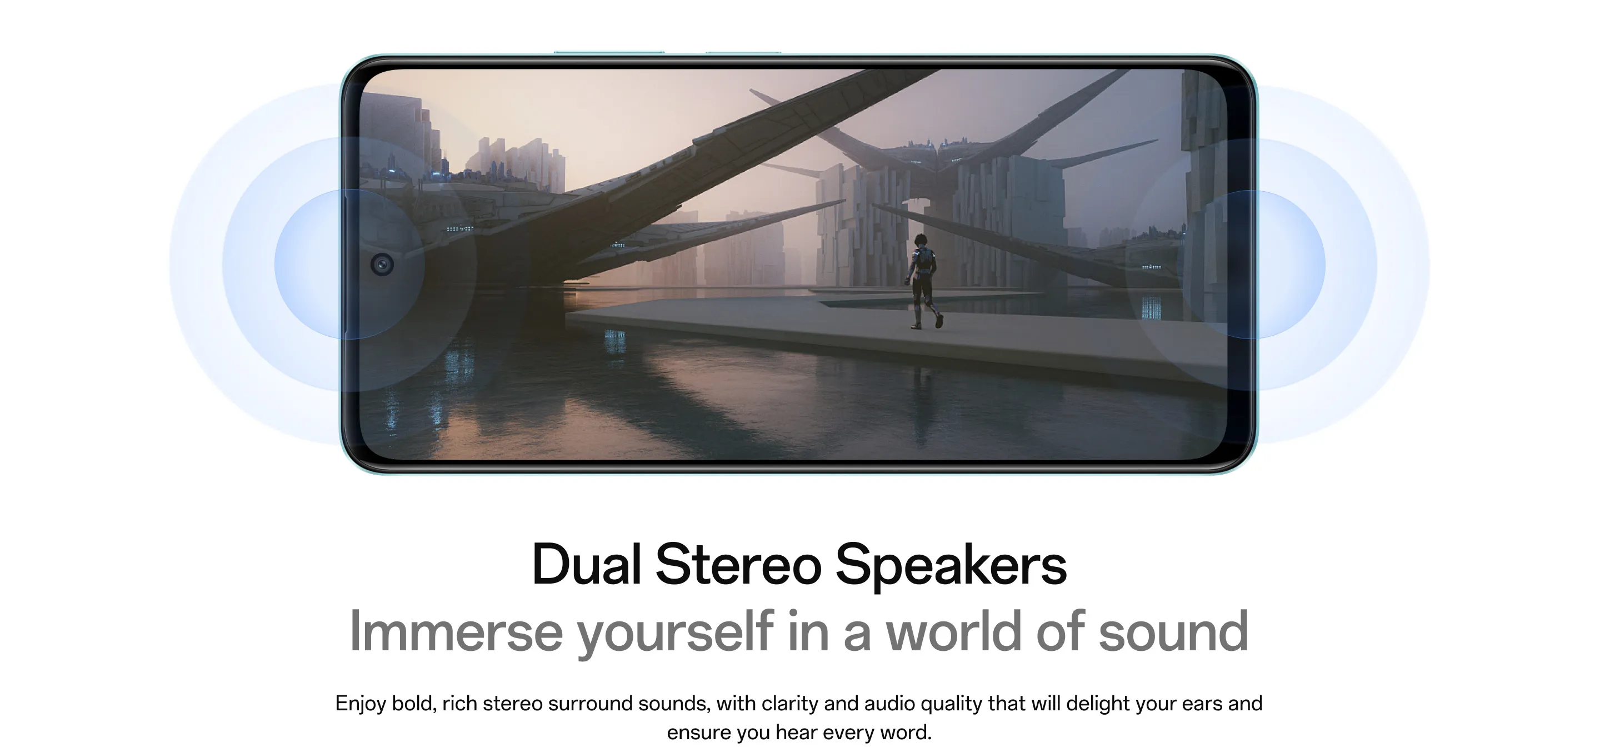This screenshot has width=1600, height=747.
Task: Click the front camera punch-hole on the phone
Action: (x=382, y=265)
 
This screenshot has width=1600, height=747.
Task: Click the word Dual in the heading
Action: (x=586, y=564)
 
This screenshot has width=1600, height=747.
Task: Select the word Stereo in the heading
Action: (x=738, y=564)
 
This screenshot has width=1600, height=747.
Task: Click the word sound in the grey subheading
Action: (x=1174, y=631)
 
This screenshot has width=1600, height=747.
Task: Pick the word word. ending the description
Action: (x=904, y=732)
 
